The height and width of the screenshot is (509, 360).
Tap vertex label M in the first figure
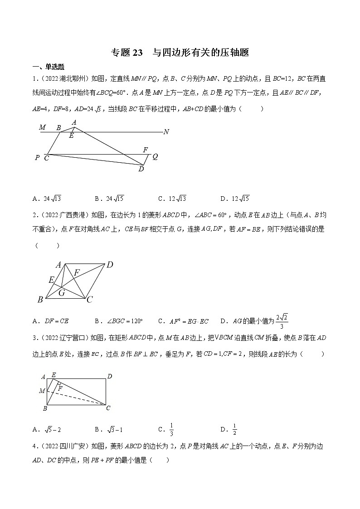[x=42, y=127]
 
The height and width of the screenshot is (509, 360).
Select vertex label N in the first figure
[x=166, y=132]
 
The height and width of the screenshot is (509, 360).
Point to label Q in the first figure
[x=155, y=157]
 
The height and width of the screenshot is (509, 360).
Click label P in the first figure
[x=37, y=158]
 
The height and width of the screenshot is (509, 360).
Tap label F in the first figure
[x=145, y=150]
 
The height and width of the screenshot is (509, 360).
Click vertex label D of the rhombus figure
[x=109, y=265]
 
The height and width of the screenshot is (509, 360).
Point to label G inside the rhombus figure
[x=62, y=293]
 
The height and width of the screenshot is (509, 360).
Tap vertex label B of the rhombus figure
[x=40, y=300]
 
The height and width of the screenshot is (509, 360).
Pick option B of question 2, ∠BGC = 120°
[x=119, y=321]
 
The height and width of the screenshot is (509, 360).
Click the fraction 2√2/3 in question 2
[x=282, y=321]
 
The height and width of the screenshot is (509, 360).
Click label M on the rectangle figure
[x=42, y=391]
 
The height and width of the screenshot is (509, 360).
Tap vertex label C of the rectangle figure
[x=108, y=408]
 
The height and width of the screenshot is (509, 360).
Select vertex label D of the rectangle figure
[x=109, y=376]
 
